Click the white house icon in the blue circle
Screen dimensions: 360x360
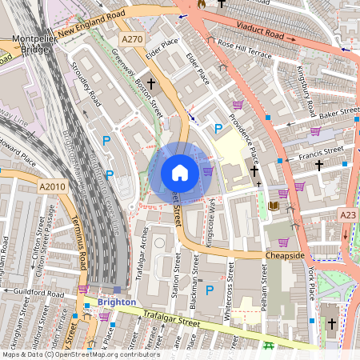(180, 173)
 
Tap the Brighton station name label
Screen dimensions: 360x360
(117, 303)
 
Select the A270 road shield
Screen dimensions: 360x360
(132, 38)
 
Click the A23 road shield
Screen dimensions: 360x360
(348, 215)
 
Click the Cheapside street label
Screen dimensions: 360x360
(286, 255)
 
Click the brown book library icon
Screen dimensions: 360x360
(274, 206)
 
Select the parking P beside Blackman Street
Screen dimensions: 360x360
(210, 290)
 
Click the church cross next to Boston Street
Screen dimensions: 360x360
(150, 82)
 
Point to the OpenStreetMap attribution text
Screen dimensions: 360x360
(80, 354)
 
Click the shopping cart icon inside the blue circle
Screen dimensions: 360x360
(208, 170)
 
